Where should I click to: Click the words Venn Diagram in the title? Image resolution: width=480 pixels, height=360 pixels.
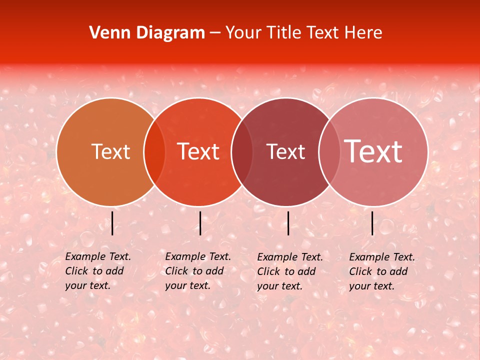[x=147, y=33]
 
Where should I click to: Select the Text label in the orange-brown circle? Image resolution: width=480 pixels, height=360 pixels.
[x=110, y=152]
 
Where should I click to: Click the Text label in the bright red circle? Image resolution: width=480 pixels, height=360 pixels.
[x=198, y=152]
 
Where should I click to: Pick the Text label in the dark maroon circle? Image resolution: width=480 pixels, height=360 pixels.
[x=285, y=152]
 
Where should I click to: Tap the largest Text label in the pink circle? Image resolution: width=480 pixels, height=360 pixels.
[x=373, y=151]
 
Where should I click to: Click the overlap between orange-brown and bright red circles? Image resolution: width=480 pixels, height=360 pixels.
[x=154, y=152]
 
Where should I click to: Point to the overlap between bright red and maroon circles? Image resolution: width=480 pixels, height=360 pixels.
[x=242, y=152]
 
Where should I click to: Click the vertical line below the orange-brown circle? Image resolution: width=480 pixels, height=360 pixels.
[x=112, y=223]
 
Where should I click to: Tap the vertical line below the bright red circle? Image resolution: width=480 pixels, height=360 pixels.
[x=200, y=223]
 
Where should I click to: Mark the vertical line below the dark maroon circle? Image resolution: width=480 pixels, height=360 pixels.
[x=288, y=223]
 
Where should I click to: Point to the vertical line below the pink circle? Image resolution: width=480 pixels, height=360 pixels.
[x=372, y=223]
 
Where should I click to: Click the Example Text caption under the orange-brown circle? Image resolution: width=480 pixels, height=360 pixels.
[x=97, y=271]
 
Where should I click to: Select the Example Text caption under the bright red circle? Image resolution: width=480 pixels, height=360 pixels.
[x=197, y=271]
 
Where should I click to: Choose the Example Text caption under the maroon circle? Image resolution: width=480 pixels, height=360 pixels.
[x=289, y=271]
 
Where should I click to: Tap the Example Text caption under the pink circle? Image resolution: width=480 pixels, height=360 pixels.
[x=381, y=271]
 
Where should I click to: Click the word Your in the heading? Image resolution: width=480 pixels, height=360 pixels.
[x=243, y=33]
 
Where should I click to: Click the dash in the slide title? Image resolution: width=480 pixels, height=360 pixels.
[x=215, y=33]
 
